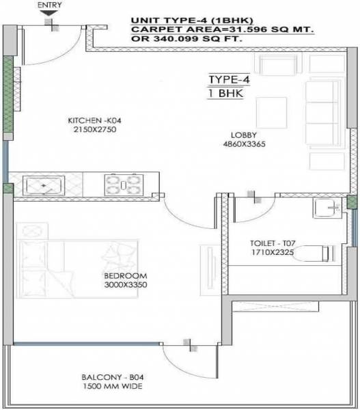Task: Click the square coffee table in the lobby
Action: point(271,112)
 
